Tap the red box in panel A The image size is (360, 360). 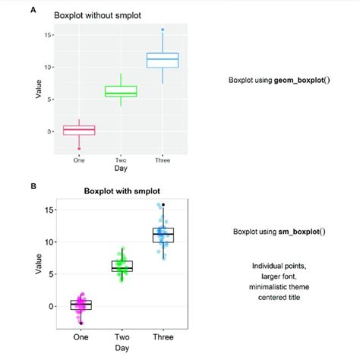[79, 131]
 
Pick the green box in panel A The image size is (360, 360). [121, 92]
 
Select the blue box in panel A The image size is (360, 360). [163, 60]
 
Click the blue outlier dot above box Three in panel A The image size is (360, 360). [163, 30]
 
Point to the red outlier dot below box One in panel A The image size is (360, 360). [79, 148]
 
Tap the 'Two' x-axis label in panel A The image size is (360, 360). [121, 160]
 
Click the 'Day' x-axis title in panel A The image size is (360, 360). [121, 169]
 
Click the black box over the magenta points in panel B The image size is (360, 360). [81, 305]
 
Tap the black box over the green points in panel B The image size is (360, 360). [122, 266]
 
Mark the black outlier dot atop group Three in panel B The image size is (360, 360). [163, 204]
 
